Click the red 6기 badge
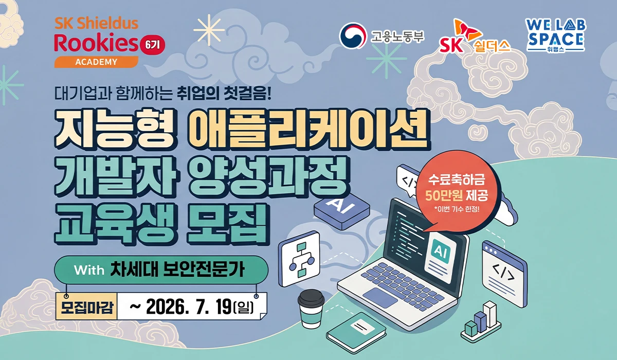tap(153, 45)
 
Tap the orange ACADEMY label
tap(96, 62)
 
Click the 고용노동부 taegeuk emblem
tap(353, 36)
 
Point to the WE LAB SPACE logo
tap(556, 35)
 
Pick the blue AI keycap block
tap(341, 211)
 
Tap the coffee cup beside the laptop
tap(311, 309)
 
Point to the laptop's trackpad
tap(380, 297)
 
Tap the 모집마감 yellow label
tap(87, 307)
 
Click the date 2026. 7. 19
tap(189, 307)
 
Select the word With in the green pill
tap(89, 270)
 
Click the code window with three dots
tap(504, 274)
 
